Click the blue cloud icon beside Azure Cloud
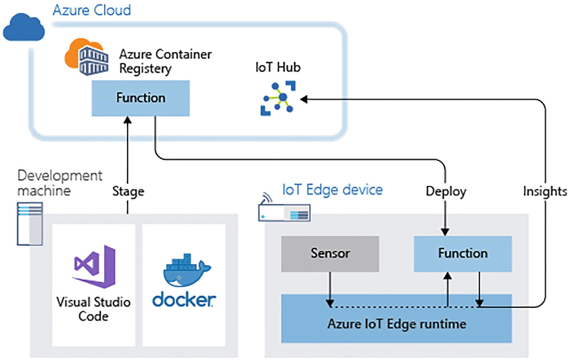coord(24,28)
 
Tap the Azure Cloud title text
coord(92,10)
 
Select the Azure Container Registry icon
coord(87,57)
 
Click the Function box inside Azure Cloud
coord(141,98)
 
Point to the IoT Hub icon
coord(278,98)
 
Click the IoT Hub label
coord(278,67)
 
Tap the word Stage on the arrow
coord(128,191)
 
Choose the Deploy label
coord(446,191)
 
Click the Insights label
coord(545,191)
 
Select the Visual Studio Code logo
coord(95,267)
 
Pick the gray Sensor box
coord(330,253)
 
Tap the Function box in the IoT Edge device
coord(462,253)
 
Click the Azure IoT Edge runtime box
coord(396,324)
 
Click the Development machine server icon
coord(30,223)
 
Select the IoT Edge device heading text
coord(332,189)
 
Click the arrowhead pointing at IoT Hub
coord(304,99)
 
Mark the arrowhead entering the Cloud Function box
coord(128,120)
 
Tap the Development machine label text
coord(59,183)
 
